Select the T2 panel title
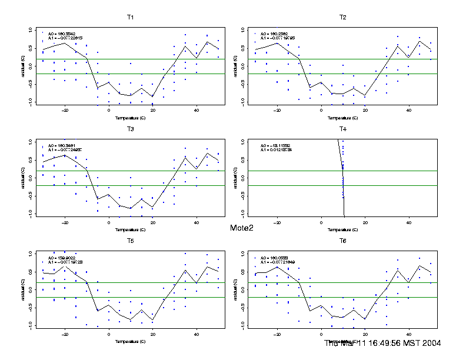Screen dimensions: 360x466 (x=342, y=17)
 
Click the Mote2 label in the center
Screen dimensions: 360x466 (x=241, y=228)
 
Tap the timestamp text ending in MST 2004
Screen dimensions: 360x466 (x=383, y=343)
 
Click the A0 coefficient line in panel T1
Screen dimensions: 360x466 (x=62, y=34)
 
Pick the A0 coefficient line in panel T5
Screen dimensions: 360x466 (x=62, y=258)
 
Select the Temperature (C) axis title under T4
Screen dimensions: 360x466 (x=342, y=229)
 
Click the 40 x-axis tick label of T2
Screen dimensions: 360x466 (x=408, y=110)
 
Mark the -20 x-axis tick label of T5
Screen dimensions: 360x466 (x=65, y=334)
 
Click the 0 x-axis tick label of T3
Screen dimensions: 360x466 (x=109, y=222)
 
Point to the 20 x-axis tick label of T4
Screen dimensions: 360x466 (x=365, y=222)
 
